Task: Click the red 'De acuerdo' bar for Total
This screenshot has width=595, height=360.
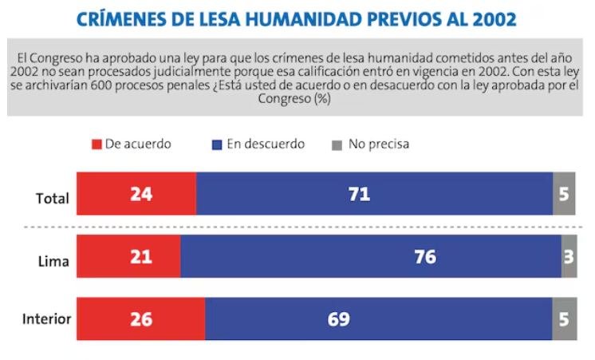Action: click(136, 194)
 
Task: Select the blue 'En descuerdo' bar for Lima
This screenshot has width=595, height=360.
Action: click(371, 256)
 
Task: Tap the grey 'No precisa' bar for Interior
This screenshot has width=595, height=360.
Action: click(564, 319)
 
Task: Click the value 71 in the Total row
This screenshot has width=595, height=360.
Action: click(359, 194)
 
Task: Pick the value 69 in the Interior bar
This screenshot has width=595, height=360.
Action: click(338, 319)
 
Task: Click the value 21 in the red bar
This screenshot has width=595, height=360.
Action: click(140, 256)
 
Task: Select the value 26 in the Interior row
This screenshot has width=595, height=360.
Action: click(140, 319)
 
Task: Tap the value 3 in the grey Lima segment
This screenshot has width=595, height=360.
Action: click(569, 256)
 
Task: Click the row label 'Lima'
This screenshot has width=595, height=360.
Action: click(54, 261)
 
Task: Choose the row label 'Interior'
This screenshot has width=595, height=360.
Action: click(46, 320)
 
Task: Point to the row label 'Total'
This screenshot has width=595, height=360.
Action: click(53, 199)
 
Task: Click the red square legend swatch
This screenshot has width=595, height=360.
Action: click(97, 144)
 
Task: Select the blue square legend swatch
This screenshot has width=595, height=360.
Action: click(216, 144)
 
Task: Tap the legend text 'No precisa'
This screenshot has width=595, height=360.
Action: click(379, 144)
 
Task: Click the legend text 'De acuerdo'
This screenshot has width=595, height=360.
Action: click(138, 144)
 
